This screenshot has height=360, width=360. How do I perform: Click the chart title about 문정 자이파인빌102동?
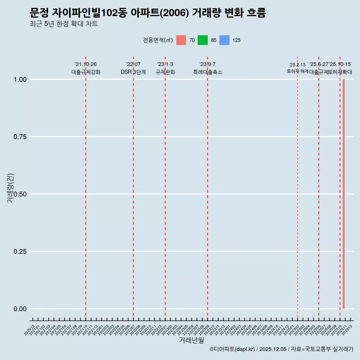pyautogui.click(x=148, y=13)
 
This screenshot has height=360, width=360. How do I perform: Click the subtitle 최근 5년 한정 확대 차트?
pyautogui.click(x=64, y=24)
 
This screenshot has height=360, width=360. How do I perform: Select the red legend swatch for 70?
pyautogui.click(x=181, y=40)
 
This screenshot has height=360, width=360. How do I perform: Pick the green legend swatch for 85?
pyautogui.click(x=202, y=40)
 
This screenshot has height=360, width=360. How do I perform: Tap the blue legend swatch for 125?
pyautogui.click(x=224, y=40)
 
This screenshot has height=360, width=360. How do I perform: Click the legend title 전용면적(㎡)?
pyautogui.click(x=157, y=40)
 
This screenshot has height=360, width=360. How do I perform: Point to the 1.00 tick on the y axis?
pyautogui.click(x=20, y=79)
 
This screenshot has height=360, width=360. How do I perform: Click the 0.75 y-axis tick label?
pyautogui.click(x=20, y=137)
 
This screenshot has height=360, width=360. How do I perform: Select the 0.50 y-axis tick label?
pyautogui.click(x=20, y=194)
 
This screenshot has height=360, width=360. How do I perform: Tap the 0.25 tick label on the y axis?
pyautogui.click(x=20, y=252)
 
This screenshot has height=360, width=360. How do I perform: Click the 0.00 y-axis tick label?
pyautogui.click(x=20, y=309)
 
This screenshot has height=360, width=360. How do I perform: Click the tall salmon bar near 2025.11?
pyautogui.click(x=343, y=194)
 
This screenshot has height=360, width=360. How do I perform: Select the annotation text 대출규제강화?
pyautogui.click(x=86, y=72)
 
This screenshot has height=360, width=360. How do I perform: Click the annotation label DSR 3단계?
pyautogui.click(x=133, y=72)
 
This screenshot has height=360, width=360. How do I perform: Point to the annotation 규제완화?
pyautogui.click(x=165, y=72)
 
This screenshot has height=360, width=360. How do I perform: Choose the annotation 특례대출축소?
pyautogui.click(x=208, y=72)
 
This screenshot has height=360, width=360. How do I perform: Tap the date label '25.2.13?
pyautogui.click(x=297, y=65)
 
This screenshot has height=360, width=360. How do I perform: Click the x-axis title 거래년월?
pyautogui.click(x=192, y=340)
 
